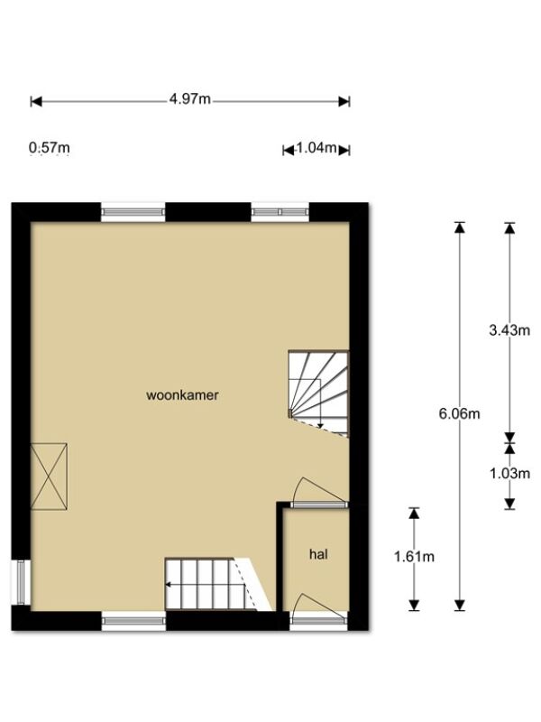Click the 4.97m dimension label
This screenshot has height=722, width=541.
[x=189, y=99]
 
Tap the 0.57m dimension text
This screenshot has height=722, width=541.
[x=50, y=148]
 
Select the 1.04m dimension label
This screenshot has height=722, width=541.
[x=316, y=148]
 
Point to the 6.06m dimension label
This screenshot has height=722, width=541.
[x=459, y=413]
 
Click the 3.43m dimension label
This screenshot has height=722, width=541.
[x=509, y=329]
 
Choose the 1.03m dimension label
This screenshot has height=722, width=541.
[x=509, y=473]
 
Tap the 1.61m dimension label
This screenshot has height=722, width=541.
[x=414, y=557]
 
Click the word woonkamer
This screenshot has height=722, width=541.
[x=182, y=395]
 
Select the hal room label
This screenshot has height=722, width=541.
[x=318, y=554]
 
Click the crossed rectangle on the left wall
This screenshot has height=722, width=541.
[x=49, y=477]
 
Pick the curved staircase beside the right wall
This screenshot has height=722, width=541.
[x=318, y=393]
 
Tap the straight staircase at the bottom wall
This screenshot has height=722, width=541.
[x=218, y=584]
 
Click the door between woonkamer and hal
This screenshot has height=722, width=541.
[x=320, y=493]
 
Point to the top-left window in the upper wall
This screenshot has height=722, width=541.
[x=133, y=212]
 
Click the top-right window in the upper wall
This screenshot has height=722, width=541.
[x=280, y=212]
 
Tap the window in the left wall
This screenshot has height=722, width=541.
[x=21, y=582]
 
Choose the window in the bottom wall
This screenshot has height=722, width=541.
[x=133, y=621]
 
